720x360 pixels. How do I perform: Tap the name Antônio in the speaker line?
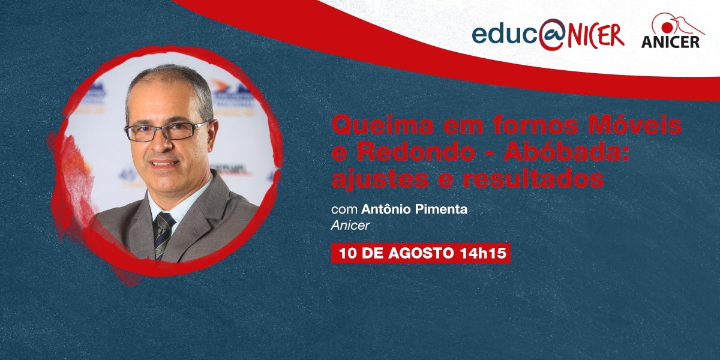click(x=385, y=209)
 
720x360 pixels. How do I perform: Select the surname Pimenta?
click(x=441, y=209)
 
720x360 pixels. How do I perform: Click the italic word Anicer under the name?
click(x=350, y=226)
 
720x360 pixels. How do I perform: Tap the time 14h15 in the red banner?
click(x=483, y=253)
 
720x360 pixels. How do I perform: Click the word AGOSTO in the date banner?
click(x=421, y=253)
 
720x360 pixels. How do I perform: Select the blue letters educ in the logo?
click(x=505, y=34)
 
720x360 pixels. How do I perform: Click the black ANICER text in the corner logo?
click(x=671, y=42)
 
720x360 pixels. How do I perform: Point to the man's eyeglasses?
click(x=166, y=131)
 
